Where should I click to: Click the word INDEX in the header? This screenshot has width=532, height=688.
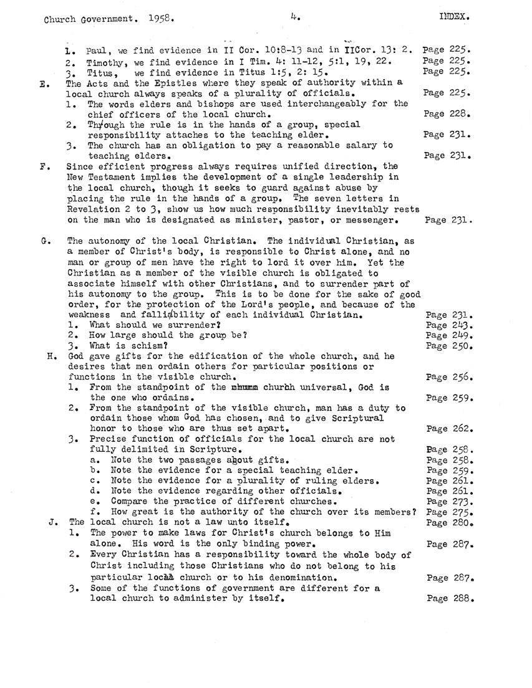(453, 19)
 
